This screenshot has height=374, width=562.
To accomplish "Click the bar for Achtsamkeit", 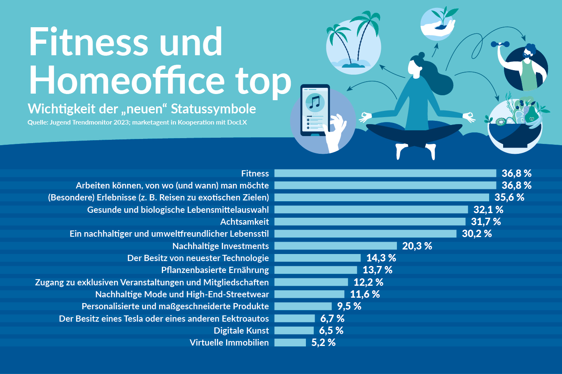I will point(370,222).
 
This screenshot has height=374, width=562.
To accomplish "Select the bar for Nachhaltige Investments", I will point(336,246).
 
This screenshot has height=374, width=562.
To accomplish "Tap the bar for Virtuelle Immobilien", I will point(290,343).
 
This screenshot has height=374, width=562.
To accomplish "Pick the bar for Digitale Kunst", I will point(294,331).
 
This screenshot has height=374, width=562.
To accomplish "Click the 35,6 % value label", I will point(509,198).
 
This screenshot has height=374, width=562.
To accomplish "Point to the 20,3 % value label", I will point(417,246).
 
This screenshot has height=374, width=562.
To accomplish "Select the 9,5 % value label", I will point(349,306).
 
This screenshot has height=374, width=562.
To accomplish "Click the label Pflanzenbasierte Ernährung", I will point(215,270).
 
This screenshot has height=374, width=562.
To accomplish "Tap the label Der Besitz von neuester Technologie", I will point(198,258).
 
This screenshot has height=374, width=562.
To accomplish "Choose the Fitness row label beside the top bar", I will point(255,174).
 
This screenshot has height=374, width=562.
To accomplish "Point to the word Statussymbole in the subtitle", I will point(213,109).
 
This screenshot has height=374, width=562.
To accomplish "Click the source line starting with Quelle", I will point(137,122).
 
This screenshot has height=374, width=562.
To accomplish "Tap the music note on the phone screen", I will point(315,101).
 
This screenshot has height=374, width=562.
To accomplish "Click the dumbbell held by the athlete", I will point(499,44).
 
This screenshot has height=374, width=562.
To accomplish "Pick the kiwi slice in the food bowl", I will point(501,122).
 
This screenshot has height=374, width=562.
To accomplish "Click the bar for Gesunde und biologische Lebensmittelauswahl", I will point(371,210).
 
